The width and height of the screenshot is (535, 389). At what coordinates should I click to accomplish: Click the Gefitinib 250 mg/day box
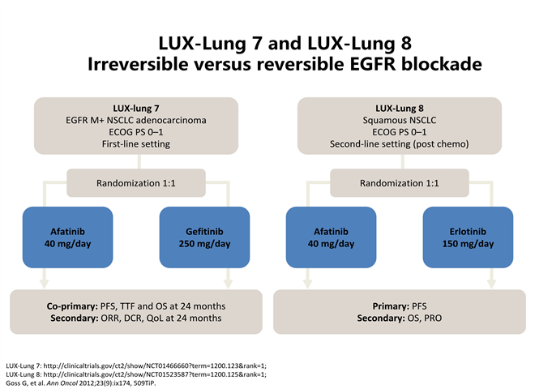pyautogui.click(x=205, y=237)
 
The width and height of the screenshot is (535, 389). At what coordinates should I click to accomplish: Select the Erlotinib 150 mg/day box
pyautogui.click(x=469, y=237)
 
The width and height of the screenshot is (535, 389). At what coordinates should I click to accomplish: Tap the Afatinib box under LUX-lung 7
pyautogui.click(x=67, y=237)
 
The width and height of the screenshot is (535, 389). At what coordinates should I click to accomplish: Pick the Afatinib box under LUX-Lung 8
pyautogui.click(x=331, y=237)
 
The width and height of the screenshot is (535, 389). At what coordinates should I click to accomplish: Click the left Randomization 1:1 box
pyautogui.click(x=136, y=183)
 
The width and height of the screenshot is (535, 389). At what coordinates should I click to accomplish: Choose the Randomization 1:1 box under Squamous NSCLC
pyautogui.click(x=400, y=183)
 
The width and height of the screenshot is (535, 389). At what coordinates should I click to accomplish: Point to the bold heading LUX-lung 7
pyautogui.click(x=136, y=108)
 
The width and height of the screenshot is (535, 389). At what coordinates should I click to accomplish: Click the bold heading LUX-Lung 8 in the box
pyautogui.click(x=400, y=108)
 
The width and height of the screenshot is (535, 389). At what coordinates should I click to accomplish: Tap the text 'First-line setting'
pyautogui.click(x=136, y=144)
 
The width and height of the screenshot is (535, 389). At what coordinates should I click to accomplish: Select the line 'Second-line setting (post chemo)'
pyautogui.click(x=400, y=144)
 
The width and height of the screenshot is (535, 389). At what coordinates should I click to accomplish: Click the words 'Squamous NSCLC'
pyautogui.click(x=400, y=120)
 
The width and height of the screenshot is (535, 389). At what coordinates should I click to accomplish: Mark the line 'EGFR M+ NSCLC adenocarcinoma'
pyautogui.click(x=136, y=120)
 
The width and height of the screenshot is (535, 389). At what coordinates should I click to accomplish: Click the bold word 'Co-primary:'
pyautogui.click(x=72, y=306)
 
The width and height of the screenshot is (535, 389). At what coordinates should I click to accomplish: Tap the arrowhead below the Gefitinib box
pyautogui.click(x=229, y=284)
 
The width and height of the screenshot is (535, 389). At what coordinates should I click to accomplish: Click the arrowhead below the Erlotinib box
pyautogui.click(x=492, y=284)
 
